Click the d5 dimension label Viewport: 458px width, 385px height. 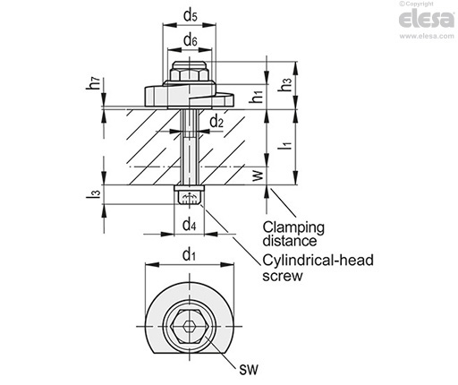[x=191, y=16]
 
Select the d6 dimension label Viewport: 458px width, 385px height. [x=191, y=40]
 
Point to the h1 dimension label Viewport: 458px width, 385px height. [x=257, y=98]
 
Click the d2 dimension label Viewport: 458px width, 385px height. [x=216, y=122]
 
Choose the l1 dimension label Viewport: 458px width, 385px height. [x=287, y=144]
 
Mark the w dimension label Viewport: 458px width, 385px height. [x=259, y=175]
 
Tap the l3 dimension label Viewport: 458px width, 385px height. [x=96, y=193]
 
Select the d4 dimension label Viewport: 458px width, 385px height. [x=190, y=224]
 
